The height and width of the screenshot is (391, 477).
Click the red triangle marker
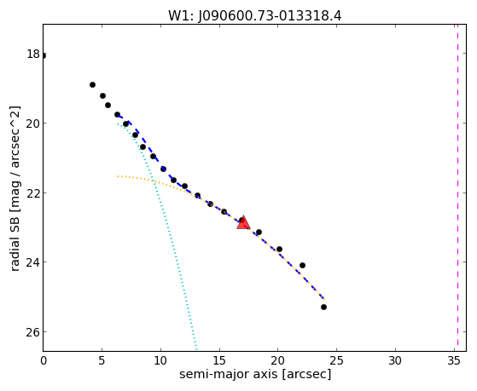click(x=243, y=222)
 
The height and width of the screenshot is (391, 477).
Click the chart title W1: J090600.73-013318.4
click(x=255, y=16)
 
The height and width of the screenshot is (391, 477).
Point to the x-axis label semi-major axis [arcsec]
click(x=255, y=374)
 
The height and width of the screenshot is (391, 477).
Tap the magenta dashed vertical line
click(x=457, y=187)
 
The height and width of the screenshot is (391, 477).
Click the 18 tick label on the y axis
click(x=33, y=54)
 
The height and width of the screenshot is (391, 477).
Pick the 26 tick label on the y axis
click(x=33, y=332)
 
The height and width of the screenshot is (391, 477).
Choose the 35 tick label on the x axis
click(x=454, y=360)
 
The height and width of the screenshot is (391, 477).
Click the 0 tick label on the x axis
click(x=44, y=360)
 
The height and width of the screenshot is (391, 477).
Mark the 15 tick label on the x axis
click(x=219, y=360)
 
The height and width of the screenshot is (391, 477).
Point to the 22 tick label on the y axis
click(x=33, y=193)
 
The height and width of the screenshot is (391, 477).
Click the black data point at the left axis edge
click(x=44, y=56)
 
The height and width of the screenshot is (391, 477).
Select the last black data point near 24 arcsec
click(x=323, y=308)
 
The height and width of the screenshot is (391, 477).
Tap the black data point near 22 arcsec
click(x=302, y=266)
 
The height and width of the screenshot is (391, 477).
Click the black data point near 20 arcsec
click(x=279, y=250)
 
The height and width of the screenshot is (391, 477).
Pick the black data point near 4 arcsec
click(x=92, y=85)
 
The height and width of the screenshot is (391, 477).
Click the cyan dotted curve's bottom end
click(x=196, y=349)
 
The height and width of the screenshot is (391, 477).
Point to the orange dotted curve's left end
click(x=119, y=176)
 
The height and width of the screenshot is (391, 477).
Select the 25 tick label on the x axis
click(x=336, y=360)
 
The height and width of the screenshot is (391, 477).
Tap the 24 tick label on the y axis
click(x=33, y=262)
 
